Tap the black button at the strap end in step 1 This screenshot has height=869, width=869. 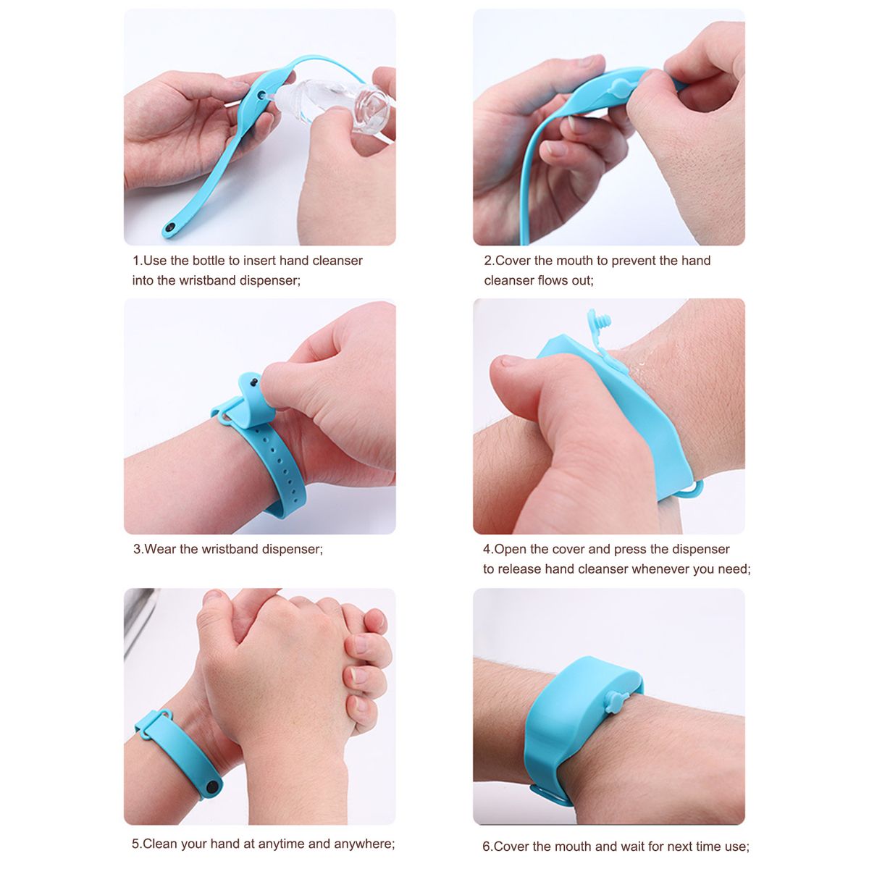[170, 229]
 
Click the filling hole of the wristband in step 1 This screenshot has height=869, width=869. [262, 96]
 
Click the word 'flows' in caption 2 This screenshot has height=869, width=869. [553, 280]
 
